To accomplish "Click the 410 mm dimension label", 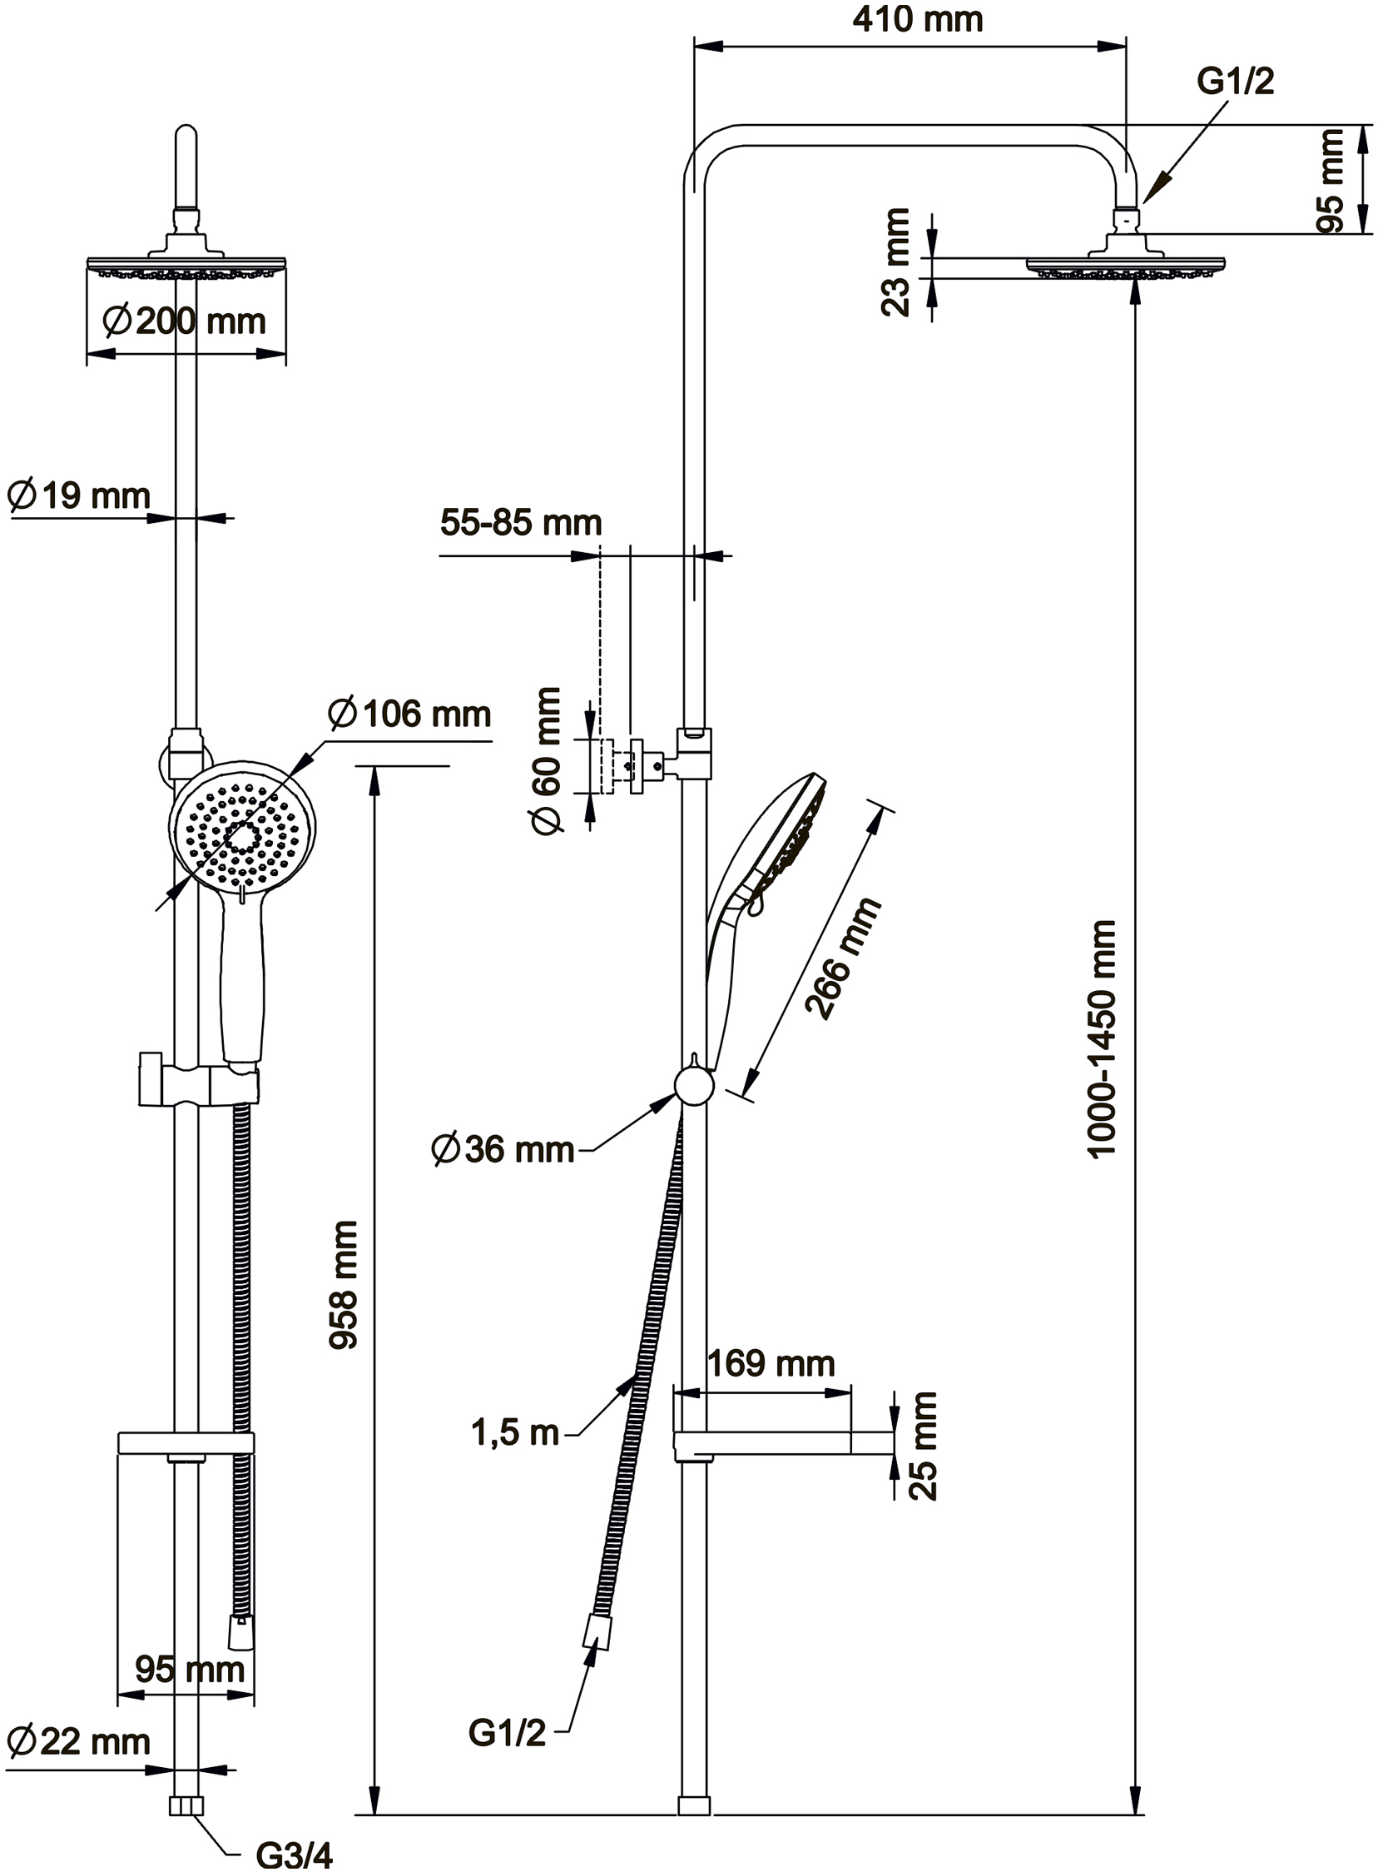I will coord(918,20).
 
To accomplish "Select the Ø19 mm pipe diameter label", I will coord(78,495).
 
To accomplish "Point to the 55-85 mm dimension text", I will coord(521,523).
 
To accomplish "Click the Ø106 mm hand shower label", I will coord(409,714).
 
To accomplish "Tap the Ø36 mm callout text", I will coord(503,1149).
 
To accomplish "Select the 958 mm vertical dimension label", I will coord(343,1284).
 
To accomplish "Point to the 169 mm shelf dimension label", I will coord(771,1364).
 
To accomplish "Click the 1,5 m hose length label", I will coord(514,1432).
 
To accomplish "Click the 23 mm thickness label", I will coord(898,262).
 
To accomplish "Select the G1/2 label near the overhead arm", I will coord(1236,82).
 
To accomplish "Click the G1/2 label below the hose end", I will coord(507,1734).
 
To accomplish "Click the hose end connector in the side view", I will coord(597,1631).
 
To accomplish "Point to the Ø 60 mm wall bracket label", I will coord(549,761).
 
